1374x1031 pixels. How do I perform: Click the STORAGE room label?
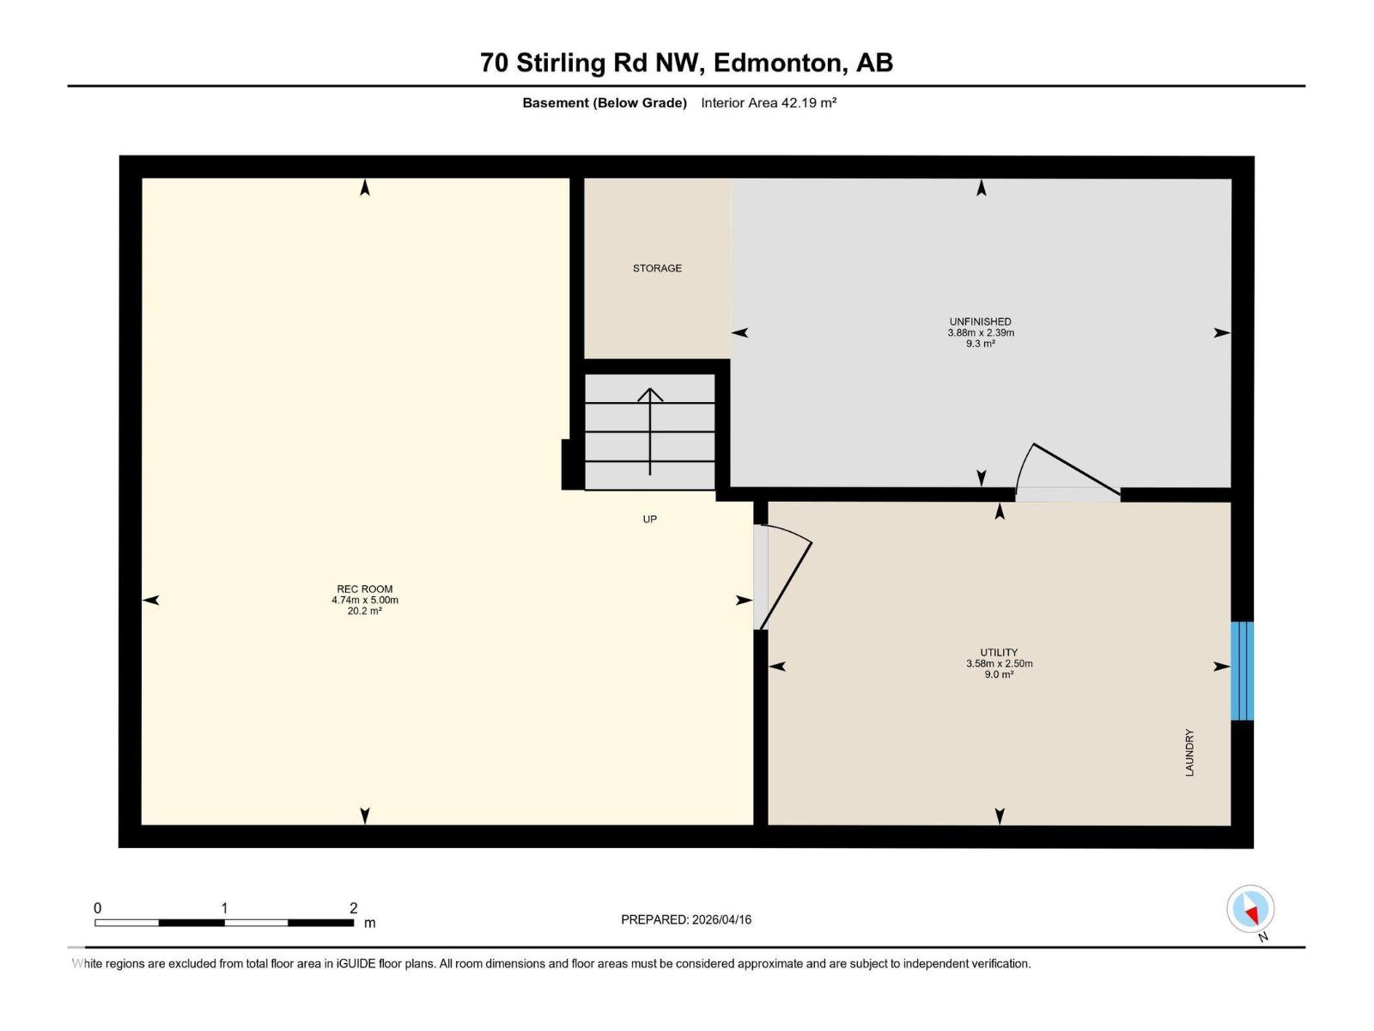point(657,268)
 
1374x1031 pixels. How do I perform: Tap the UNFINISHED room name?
point(980,321)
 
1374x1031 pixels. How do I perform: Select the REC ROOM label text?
point(365,589)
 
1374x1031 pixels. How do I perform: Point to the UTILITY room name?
point(999,652)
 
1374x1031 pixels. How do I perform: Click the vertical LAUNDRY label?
point(1189,753)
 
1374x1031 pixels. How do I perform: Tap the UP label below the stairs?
point(650,519)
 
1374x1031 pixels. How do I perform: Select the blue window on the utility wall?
point(1242,671)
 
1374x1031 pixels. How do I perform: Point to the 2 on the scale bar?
point(353,908)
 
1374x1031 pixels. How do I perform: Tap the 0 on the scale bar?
point(98,908)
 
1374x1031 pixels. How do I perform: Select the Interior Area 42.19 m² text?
point(769,102)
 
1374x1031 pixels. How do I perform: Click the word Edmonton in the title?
point(776,63)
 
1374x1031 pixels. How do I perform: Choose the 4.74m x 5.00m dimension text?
point(365,601)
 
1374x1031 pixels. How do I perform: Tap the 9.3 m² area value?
point(980,344)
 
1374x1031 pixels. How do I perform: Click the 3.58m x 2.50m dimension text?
point(999,663)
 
